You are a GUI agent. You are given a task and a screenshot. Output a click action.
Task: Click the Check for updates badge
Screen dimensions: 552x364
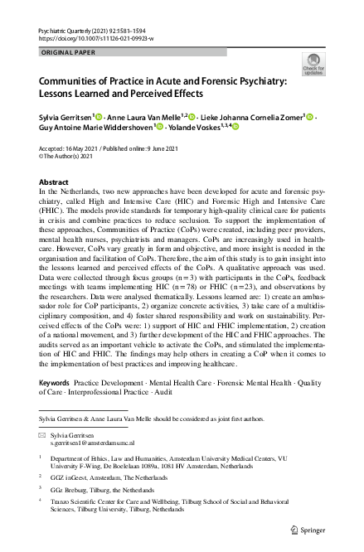315,64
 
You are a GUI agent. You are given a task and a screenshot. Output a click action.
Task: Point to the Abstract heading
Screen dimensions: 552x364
55,182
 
